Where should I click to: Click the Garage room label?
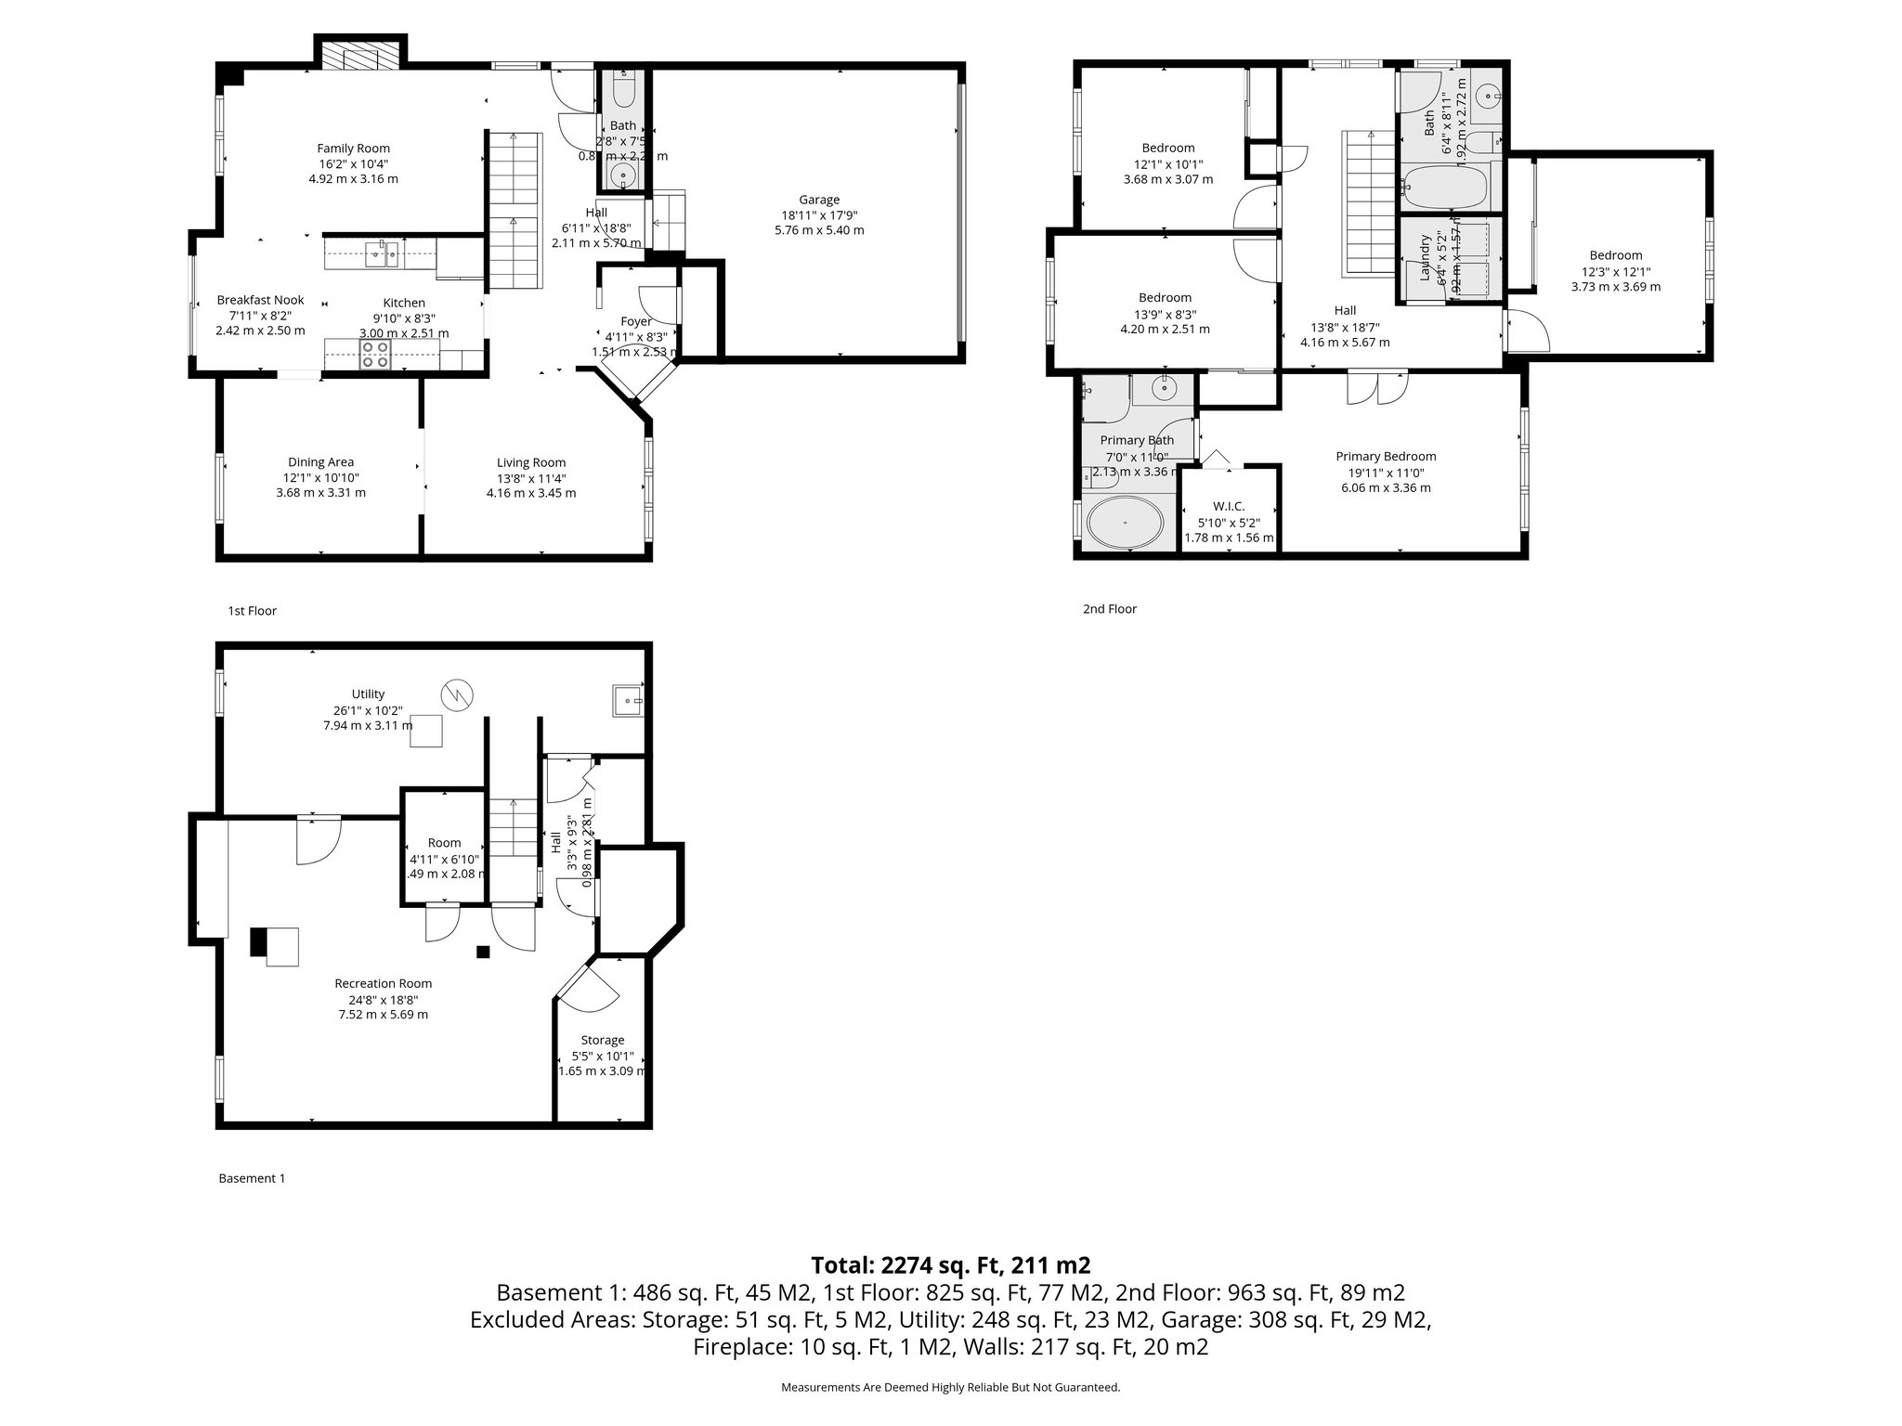click(x=818, y=200)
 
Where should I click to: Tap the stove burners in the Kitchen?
click(x=375, y=355)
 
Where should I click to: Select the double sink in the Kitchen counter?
click(x=382, y=253)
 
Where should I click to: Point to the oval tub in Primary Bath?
click(x=1125, y=524)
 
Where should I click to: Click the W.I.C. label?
click(x=1229, y=507)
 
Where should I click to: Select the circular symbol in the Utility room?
click(x=457, y=694)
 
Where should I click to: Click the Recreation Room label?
click(x=383, y=983)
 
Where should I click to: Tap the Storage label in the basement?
click(x=602, y=1040)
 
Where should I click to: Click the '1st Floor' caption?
click(x=253, y=611)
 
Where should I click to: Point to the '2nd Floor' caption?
click(x=1110, y=609)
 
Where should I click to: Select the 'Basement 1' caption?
click(x=252, y=1178)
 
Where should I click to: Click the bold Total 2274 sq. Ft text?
click(x=950, y=1264)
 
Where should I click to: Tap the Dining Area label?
click(x=320, y=462)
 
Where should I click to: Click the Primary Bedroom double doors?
click(x=1377, y=388)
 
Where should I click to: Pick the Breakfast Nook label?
click(x=260, y=300)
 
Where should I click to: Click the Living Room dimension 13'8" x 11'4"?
click(x=530, y=478)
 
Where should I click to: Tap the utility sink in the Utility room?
click(x=628, y=701)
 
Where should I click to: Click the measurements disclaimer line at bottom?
click(x=950, y=1387)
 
